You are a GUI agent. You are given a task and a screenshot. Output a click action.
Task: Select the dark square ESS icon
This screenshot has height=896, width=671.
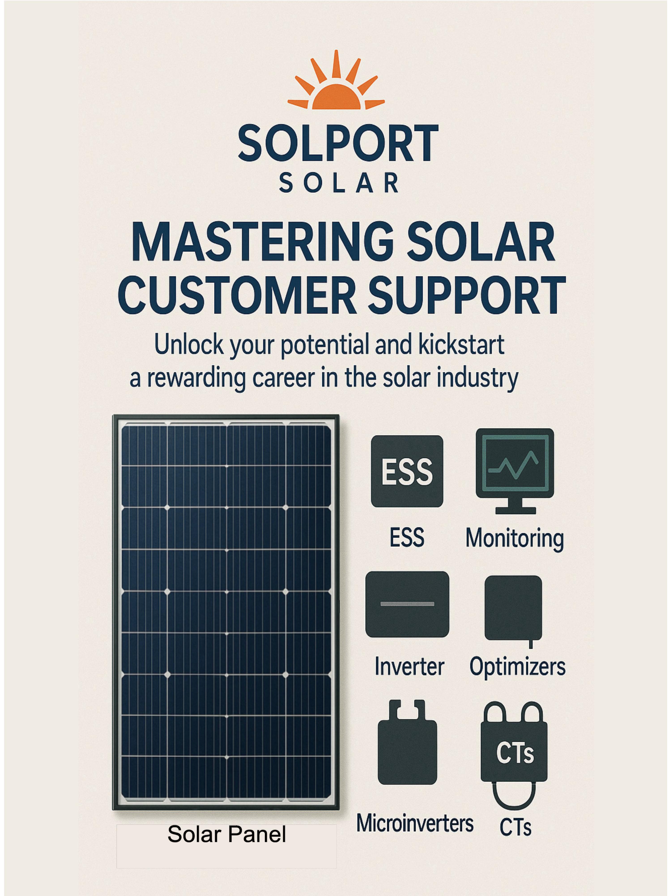(407, 471)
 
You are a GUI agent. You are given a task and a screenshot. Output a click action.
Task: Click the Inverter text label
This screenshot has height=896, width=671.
(409, 666)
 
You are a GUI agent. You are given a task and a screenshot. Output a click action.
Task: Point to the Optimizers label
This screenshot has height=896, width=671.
(517, 666)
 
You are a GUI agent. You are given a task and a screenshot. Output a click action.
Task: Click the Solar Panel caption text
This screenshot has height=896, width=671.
(227, 834)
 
